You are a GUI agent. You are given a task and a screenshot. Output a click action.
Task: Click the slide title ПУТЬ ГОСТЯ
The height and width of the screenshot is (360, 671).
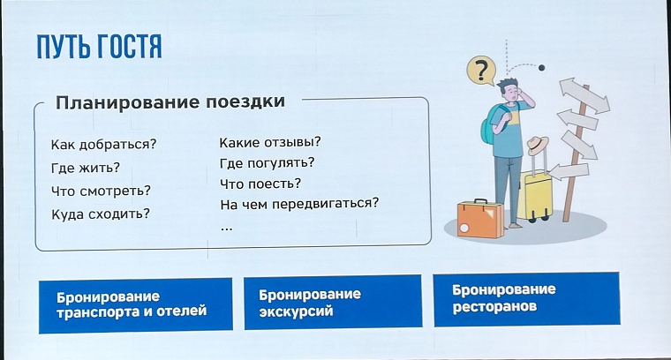pyautogui.click(x=98, y=47)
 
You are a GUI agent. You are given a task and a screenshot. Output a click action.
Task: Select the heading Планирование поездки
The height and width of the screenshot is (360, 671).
pyautogui.click(x=170, y=101)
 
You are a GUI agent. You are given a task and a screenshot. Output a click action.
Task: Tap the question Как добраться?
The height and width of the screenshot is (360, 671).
pyautogui.click(x=103, y=145)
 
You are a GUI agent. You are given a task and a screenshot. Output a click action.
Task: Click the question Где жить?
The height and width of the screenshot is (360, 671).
pyautogui.click(x=86, y=168)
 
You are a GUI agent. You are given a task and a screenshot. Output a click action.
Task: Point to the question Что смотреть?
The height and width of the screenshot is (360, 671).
pyautogui.click(x=101, y=191)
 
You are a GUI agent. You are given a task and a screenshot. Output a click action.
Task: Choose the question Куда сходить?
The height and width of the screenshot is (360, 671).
pyautogui.click(x=100, y=214)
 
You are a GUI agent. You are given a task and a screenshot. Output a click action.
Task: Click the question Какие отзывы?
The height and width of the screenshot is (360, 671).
pyautogui.click(x=269, y=141)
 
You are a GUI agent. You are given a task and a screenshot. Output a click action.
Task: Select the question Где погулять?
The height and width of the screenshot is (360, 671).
pyautogui.click(x=267, y=162)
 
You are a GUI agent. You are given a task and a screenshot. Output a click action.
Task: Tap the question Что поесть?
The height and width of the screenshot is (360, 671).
pyautogui.click(x=260, y=184)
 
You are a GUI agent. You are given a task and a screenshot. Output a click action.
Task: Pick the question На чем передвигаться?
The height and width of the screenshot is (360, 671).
pyautogui.click(x=299, y=204)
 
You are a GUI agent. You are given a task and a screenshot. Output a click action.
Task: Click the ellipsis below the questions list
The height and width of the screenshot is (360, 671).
pyautogui.click(x=227, y=226)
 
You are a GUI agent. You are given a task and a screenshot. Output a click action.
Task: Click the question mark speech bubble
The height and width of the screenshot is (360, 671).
pyautogui.click(x=480, y=70)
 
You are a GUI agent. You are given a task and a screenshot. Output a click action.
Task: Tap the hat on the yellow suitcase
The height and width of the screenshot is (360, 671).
pyautogui.click(x=538, y=146)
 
